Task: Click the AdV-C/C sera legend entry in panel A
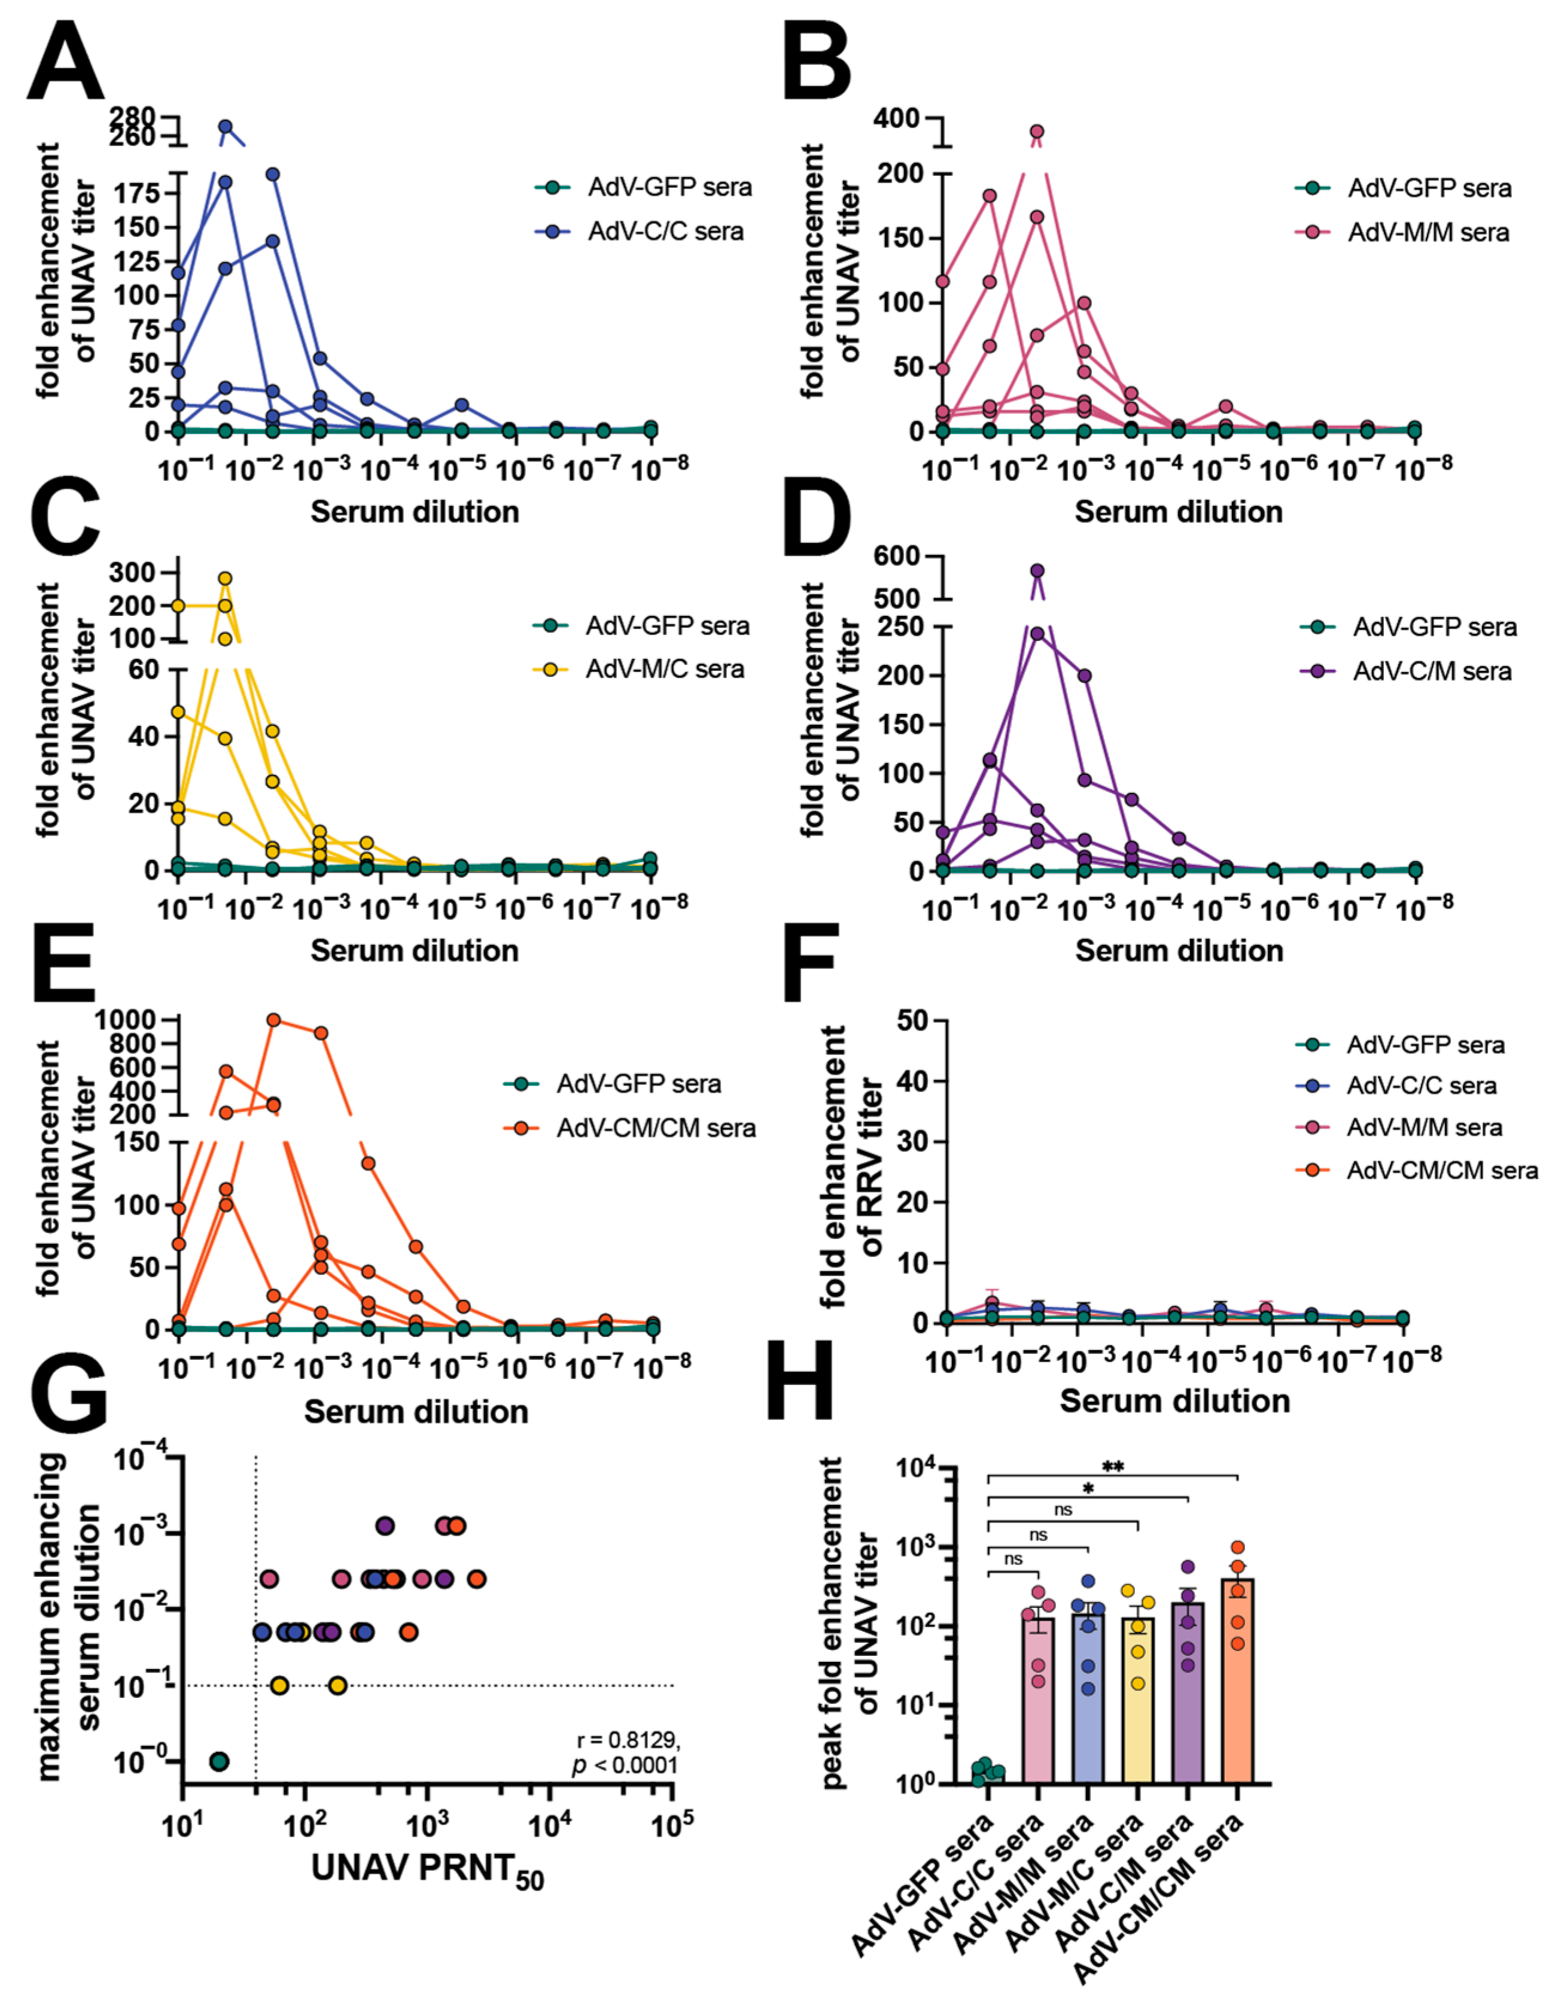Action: pyautogui.click(x=665, y=231)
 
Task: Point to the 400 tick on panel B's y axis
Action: pyautogui.click(x=896, y=118)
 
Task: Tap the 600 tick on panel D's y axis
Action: pyautogui.click(x=896, y=556)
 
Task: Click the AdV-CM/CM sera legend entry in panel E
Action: pyautogui.click(x=656, y=1128)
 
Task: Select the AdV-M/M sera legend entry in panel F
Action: pyautogui.click(x=1423, y=1127)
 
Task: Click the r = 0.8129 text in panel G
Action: pyautogui.click(x=628, y=1740)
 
